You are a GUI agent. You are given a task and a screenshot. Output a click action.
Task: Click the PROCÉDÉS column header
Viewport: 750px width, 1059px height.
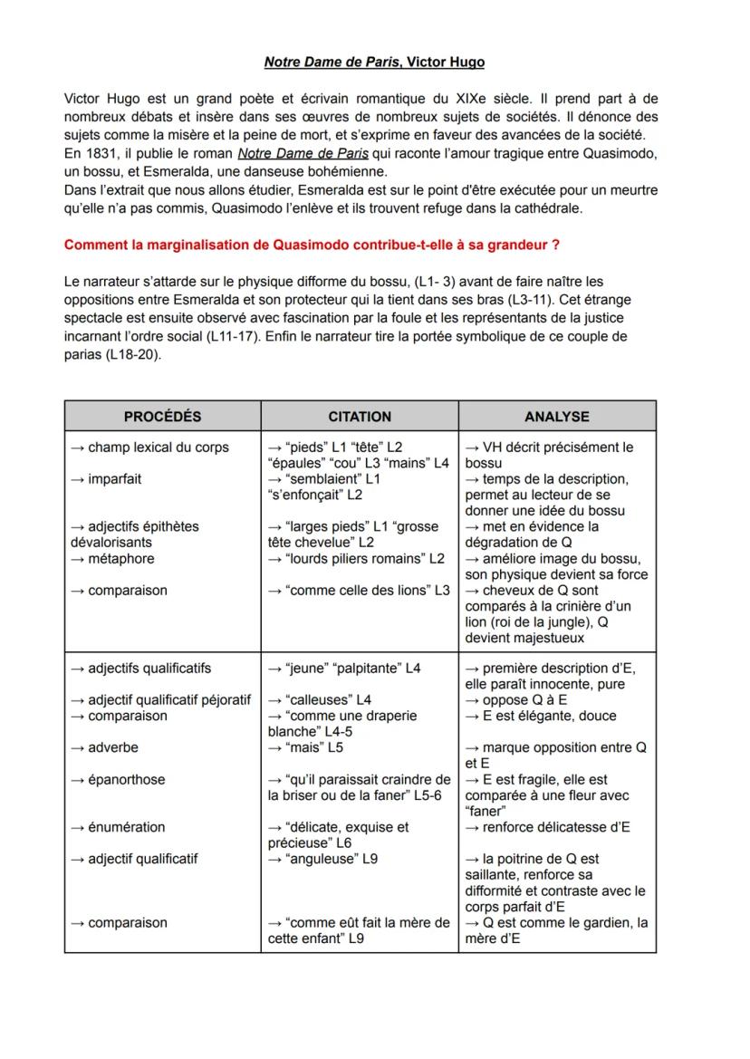162,417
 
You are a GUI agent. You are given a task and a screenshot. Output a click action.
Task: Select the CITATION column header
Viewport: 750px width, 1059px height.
360,417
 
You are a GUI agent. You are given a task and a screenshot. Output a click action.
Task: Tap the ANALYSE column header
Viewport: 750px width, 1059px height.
557,417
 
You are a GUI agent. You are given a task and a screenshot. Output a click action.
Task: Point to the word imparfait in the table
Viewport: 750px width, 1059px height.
114,478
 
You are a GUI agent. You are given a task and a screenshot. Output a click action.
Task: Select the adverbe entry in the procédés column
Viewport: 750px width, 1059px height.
112,748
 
